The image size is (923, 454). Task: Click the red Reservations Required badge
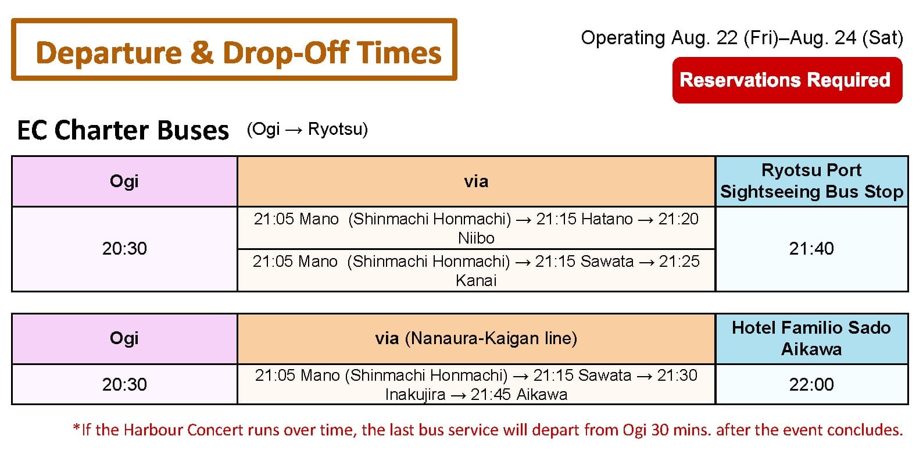point(787,80)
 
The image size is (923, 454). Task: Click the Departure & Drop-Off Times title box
point(234,49)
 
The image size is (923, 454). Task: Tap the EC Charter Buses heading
point(123,130)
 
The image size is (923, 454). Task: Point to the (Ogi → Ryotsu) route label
point(307,130)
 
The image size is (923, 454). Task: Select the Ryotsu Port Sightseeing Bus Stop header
point(812,181)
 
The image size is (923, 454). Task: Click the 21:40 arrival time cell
point(811,248)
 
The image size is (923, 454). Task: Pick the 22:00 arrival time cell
point(811,384)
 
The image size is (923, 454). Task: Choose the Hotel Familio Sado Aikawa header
point(812,338)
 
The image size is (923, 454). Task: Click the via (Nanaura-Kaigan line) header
point(476,338)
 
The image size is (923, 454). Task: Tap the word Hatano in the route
point(607,219)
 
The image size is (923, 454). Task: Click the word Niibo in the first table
point(476,238)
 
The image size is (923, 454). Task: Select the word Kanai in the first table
point(476,281)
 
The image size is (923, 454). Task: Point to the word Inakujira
point(415,395)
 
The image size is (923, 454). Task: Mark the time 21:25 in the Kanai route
point(679,261)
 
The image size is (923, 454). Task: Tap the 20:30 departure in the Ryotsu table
point(124,248)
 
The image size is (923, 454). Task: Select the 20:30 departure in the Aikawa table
point(124,384)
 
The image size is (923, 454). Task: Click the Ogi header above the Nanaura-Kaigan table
point(124,338)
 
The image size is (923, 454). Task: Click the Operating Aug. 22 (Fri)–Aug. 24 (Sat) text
point(742,38)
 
